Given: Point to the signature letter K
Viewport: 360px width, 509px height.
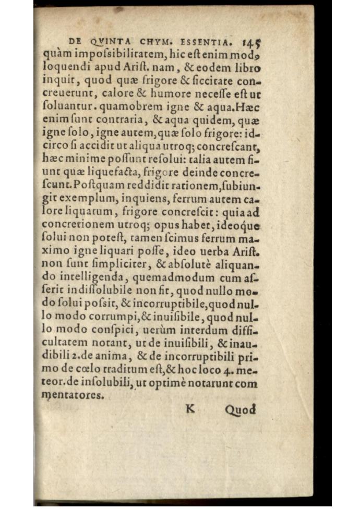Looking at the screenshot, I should coord(190,409).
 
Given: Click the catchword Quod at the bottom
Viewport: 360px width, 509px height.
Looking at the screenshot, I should coord(241,410).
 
